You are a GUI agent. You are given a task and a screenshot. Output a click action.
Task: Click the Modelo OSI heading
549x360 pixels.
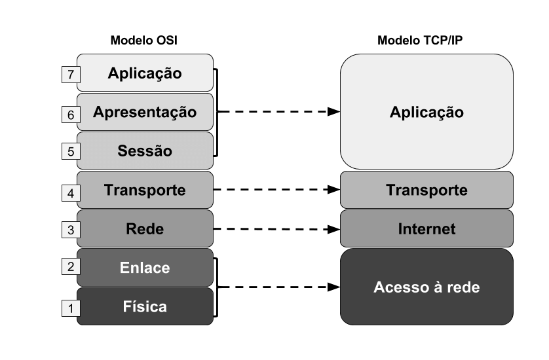coord(144,41)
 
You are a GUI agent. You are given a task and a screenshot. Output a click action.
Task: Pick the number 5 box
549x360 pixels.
coord(70,152)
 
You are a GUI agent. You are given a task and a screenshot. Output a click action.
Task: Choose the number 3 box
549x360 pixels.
coord(70,230)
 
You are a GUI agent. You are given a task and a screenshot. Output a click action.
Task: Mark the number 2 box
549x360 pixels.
coord(70,267)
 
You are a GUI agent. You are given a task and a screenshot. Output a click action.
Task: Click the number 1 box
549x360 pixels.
coord(70,307)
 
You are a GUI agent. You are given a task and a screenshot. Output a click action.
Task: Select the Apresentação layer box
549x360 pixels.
coord(145,111)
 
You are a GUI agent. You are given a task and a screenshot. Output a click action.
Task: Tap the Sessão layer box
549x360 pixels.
coord(145,151)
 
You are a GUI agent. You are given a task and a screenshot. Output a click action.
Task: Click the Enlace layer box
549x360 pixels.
coord(145,267)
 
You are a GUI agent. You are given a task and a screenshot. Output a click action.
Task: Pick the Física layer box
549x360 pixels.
coord(145,306)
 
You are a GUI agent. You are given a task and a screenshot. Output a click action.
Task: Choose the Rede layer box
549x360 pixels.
coord(145,229)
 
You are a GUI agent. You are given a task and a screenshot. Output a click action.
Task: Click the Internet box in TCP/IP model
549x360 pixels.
coord(426,229)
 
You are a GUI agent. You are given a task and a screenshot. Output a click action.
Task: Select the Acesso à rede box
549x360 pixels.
coord(426,287)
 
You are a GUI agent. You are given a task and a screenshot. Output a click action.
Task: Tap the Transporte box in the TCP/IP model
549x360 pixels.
coord(426,190)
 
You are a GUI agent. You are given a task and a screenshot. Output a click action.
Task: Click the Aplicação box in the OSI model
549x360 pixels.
coord(145,72)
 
